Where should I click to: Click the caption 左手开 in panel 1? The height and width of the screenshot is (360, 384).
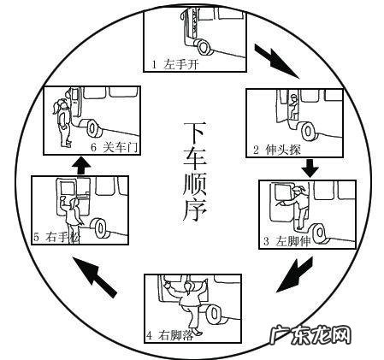[x=180, y=65]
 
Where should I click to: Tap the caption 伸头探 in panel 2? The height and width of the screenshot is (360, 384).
[x=282, y=150]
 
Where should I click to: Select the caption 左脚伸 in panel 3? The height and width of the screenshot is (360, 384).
[x=292, y=241]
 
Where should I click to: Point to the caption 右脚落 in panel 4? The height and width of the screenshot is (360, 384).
[x=176, y=335]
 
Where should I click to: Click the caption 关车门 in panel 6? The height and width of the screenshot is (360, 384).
[x=121, y=147]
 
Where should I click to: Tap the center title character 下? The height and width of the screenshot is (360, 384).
[x=195, y=133]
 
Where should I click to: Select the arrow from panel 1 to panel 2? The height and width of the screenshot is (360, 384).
[x=276, y=61]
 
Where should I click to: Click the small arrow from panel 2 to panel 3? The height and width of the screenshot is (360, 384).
[x=310, y=168]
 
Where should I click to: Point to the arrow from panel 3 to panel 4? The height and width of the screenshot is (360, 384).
[x=295, y=274]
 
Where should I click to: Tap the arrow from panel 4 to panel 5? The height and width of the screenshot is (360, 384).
[x=94, y=277]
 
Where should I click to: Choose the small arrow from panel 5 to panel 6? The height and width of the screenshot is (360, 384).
[x=81, y=166]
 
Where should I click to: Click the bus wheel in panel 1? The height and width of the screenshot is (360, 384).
[x=204, y=47]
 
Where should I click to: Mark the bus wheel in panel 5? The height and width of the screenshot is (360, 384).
[x=101, y=228]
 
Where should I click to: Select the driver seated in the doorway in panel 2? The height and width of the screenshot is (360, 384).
[x=293, y=107]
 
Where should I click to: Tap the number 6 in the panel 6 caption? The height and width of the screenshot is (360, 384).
[x=93, y=147]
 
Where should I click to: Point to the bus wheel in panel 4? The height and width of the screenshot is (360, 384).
[x=215, y=315]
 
